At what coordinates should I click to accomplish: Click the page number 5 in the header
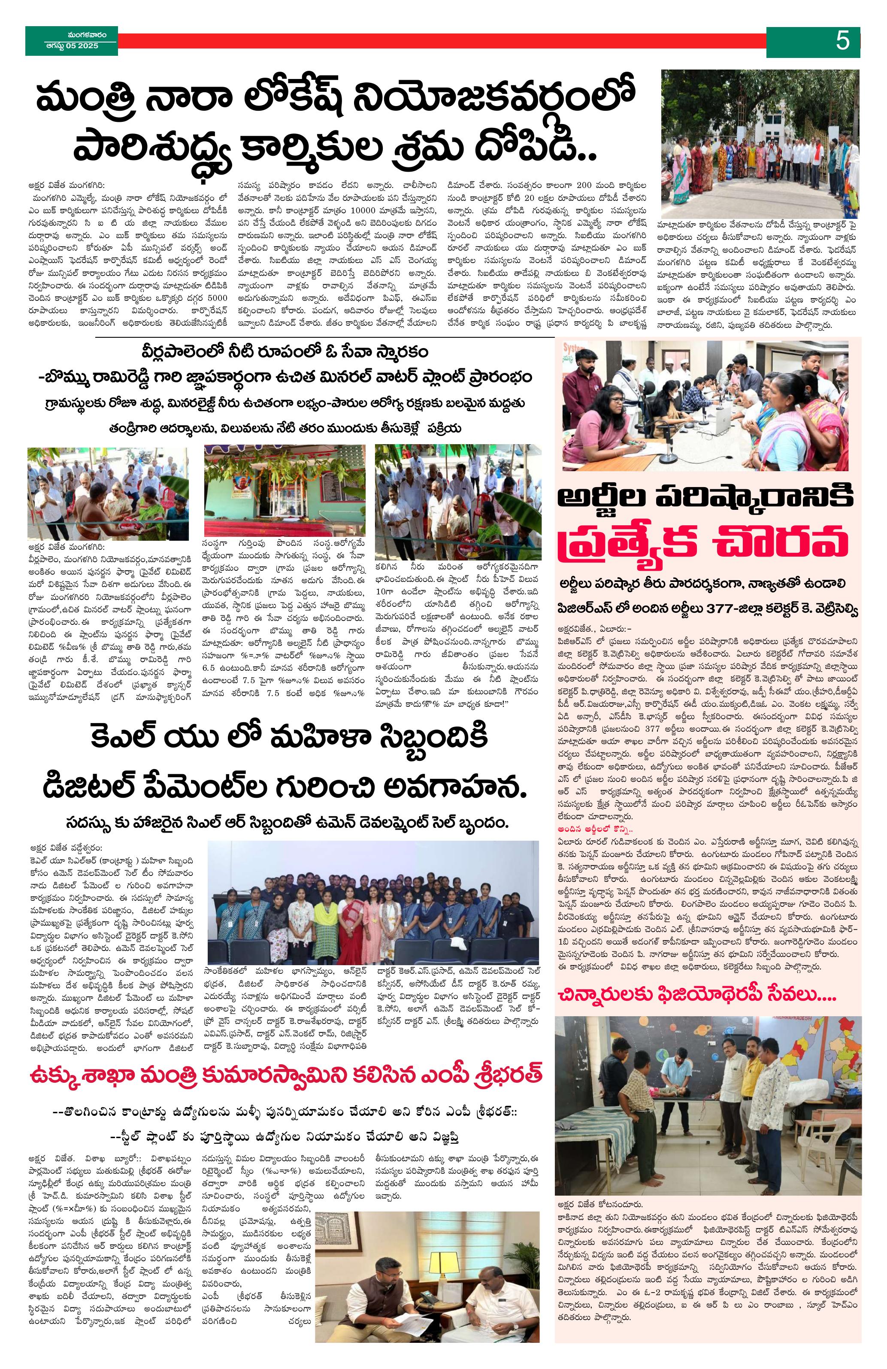click(x=843, y=41)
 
